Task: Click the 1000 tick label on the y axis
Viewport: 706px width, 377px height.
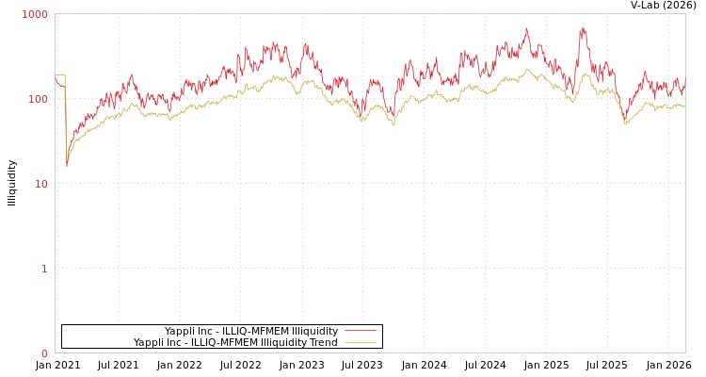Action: coord(35,14)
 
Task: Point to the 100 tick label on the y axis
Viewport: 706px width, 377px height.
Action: coord(38,99)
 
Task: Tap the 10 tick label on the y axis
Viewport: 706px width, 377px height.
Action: coord(40,184)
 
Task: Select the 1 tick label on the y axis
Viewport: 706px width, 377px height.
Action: coord(43,269)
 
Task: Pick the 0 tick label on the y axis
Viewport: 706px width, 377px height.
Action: coord(43,353)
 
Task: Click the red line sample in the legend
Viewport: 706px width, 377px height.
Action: coord(361,331)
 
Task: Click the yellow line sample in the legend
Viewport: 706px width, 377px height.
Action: coord(361,342)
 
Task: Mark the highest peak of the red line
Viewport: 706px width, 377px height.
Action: coord(583,27)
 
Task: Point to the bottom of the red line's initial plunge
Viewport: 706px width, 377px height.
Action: coord(67,166)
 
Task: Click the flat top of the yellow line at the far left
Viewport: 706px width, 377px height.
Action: coord(60,75)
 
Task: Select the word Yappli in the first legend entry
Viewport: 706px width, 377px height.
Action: coord(179,331)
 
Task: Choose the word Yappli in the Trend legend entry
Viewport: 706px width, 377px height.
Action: coord(148,342)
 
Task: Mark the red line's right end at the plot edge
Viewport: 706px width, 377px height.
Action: coord(684,81)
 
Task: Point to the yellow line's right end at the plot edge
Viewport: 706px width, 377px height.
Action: coord(684,107)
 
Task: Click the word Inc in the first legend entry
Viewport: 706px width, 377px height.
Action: coord(203,331)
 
